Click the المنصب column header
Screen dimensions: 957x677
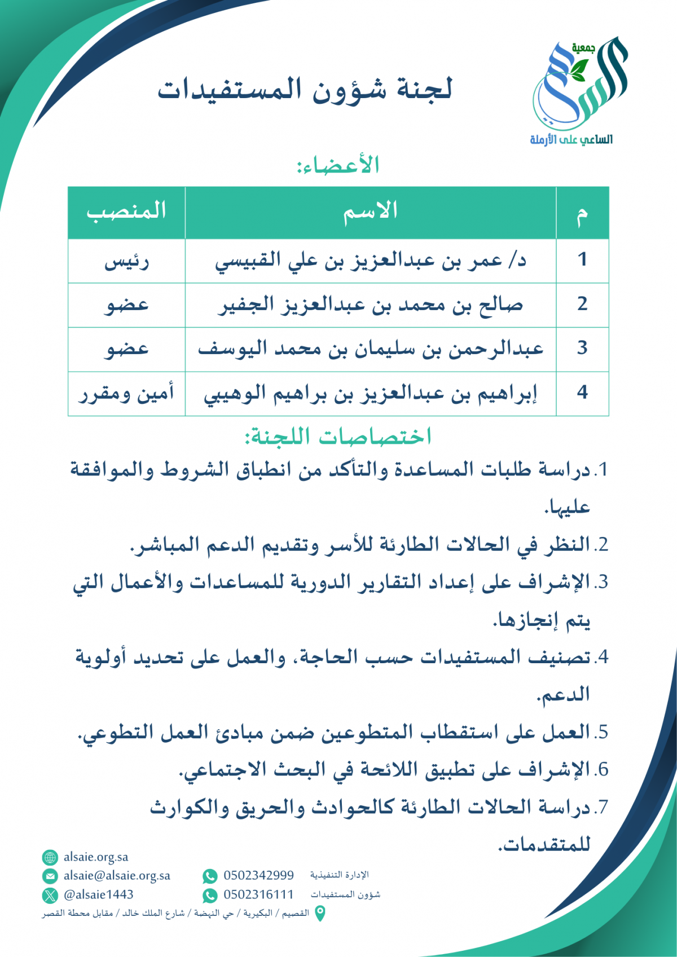pyautogui.click(x=126, y=211)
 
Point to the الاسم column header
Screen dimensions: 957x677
pyautogui.click(x=371, y=211)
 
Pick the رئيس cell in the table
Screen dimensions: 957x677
pyautogui.click(x=126, y=262)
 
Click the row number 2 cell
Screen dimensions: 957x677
pyautogui.click(x=582, y=305)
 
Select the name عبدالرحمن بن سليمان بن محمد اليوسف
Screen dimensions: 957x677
pyautogui.click(x=371, y=349)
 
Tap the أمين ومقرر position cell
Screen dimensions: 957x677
pyautogui.click(x=126, y=393)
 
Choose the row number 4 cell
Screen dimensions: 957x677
pyautogui.click(x=582, y=393)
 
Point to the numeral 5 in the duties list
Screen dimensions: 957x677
pyautogui.click(x=603, y=733)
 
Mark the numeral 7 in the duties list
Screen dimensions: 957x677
pyautogui.click(x=603, y=808)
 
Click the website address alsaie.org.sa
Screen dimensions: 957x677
pyautogui.click(x=96, y=857)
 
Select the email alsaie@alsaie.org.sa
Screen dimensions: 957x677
pyautogui.click(x=117, y=876)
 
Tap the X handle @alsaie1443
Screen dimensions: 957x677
pyautogui.click(x=98, y=895)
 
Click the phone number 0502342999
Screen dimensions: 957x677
pyautogui.click(x=258, y=876)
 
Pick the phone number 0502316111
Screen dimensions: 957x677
pyautogui.click(x=258, y=895)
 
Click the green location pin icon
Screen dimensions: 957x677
pyautogui.click(x=319, y=914)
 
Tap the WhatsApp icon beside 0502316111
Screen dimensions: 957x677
pyautogui.click(x=210, y=896)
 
